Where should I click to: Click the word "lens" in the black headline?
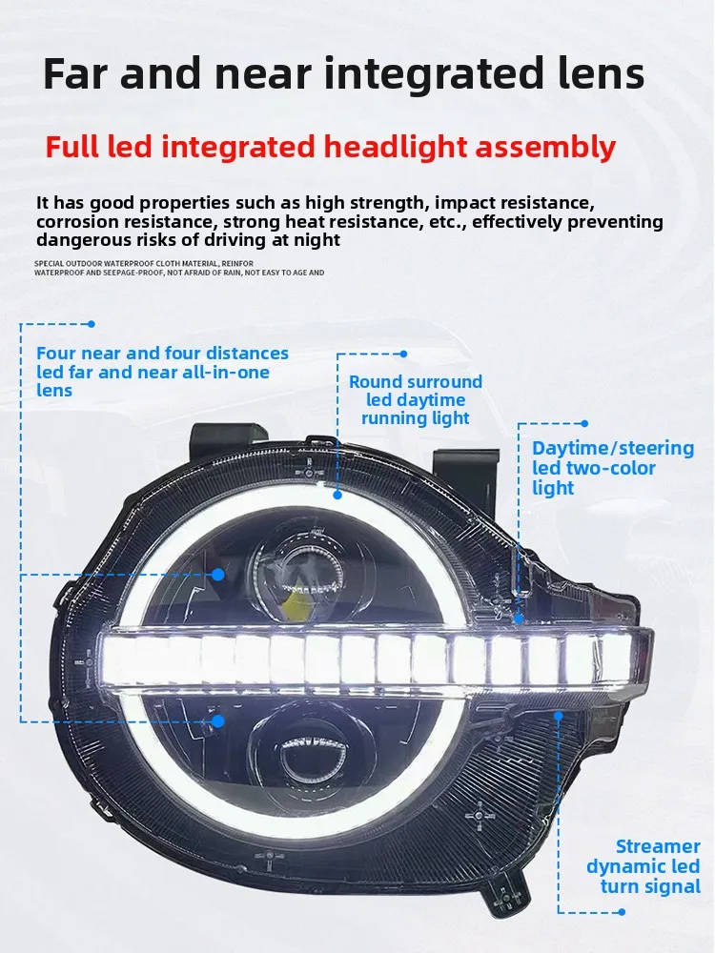[600, 73]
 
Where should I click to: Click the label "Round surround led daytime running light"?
[416, 400]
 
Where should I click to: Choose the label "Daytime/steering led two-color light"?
[613, 468]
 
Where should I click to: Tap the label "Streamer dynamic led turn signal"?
[643, 866]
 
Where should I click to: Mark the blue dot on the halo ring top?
[337, 495]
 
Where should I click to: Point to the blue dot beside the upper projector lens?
[218, 574]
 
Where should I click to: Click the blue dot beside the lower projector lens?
[218, 721]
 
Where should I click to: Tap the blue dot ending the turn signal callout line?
[622, 912]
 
